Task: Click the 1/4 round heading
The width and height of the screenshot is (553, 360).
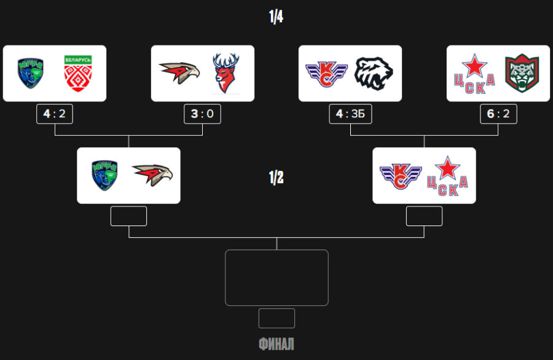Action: tap(276, 17)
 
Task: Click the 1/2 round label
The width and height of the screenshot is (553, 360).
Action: tap(276, 178)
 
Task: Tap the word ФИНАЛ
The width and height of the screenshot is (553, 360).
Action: tap(276, 343)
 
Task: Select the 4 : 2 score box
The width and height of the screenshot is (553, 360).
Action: tap(55, 114)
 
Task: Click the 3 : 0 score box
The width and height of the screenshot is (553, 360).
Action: tap(202, 114)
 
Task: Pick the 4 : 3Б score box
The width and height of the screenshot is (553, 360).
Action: tap(350, 114)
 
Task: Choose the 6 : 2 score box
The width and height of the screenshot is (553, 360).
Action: tap(498, 114)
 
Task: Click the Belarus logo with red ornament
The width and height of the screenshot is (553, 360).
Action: tap(78, 73)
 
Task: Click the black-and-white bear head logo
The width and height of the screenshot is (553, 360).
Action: tap(374, 73)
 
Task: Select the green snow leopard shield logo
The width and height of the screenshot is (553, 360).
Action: tap(522, 73)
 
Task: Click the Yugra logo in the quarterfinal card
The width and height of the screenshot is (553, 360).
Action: tap(30, 73)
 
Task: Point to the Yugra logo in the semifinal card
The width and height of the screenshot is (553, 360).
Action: tap(104, 175)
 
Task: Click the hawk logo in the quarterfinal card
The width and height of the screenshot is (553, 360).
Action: tap(179, 73)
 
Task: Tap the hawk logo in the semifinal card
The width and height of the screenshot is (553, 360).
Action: tap(152, 175)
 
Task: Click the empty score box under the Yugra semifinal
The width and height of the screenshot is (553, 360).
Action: tap(128, 216)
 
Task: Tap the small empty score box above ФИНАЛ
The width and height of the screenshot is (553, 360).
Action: tap(276, 318)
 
